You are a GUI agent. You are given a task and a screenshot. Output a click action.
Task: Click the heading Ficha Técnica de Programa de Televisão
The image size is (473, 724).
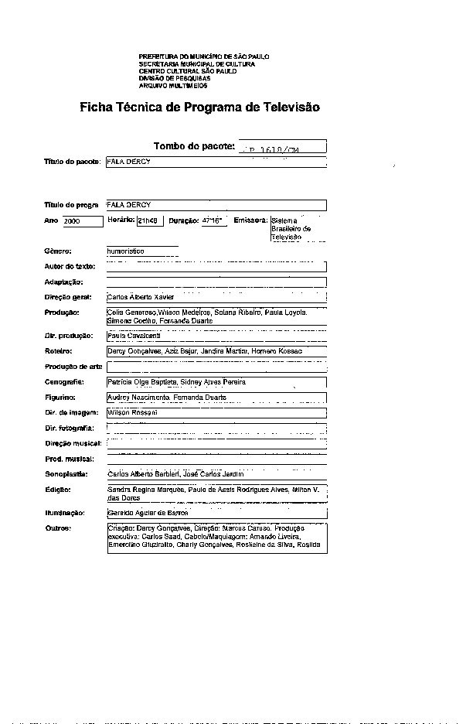[x=199, y=108]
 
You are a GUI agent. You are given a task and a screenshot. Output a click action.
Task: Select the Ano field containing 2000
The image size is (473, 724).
[x=83, y=221]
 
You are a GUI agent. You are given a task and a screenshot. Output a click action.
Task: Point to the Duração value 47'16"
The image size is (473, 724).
[x=211, y=220]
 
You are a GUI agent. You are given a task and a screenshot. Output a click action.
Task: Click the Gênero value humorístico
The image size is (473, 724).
[x=126, y=251]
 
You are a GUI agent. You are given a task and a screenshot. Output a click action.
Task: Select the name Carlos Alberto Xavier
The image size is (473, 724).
[x=141, y=297]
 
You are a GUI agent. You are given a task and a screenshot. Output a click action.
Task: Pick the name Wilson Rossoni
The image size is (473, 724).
[x=132, y=413]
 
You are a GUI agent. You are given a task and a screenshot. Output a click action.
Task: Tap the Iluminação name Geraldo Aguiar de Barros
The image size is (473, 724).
[x=147, y=513]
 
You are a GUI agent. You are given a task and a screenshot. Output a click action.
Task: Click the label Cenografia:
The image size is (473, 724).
[x=64, y=382]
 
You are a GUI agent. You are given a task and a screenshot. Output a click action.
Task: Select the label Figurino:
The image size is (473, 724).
[x=60, y=398]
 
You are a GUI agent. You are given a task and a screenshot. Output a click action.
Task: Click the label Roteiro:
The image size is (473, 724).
[x=59, y=351]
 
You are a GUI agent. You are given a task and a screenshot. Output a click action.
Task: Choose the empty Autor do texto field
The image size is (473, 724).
[x=216, y=267]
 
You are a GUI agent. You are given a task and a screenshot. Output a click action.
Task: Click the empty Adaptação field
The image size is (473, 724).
[x=216, y=282]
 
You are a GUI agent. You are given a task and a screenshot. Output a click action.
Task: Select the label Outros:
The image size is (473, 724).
[x=58, y=528]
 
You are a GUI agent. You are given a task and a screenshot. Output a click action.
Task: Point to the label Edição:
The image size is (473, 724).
[x=57, y=490]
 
